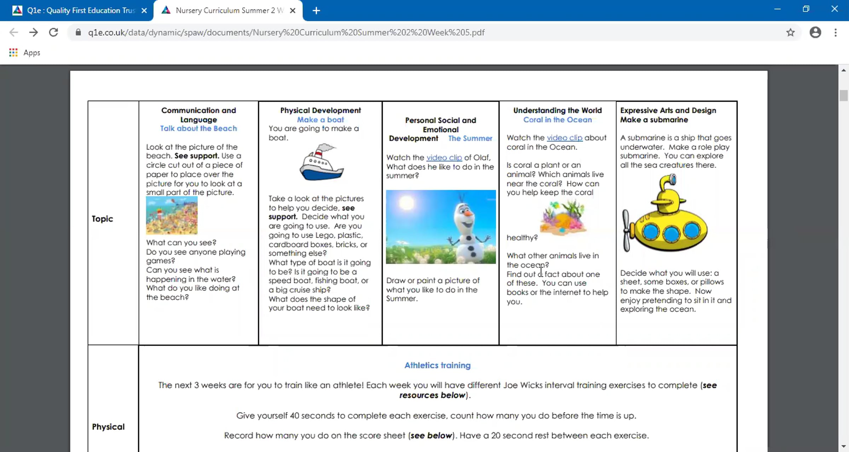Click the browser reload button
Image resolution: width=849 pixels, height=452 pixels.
coord(53,33)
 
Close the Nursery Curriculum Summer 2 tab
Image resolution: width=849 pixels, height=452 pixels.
coord(293,11)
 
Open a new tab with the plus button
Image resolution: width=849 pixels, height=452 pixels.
coord(316,11)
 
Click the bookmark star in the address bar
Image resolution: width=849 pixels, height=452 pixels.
coord(790,33)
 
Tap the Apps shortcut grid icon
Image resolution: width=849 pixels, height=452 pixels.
coord(13,53)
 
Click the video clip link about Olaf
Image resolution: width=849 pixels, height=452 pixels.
coord(444,158)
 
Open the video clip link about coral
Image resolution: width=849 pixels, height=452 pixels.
coord(564,138)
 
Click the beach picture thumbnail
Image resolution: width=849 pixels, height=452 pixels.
coord(172,216)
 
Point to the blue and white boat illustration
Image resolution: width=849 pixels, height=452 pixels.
coord(321,163)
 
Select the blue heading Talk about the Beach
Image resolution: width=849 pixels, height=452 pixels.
coord(198,129)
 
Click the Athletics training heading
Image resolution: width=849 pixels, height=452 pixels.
coord(437,365)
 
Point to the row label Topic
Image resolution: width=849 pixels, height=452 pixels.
coord(102,219)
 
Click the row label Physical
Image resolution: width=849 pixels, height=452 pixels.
coord(108,427)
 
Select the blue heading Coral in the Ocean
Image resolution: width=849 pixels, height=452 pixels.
coord(557,120)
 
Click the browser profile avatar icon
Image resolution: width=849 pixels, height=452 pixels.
coord(815,33)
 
